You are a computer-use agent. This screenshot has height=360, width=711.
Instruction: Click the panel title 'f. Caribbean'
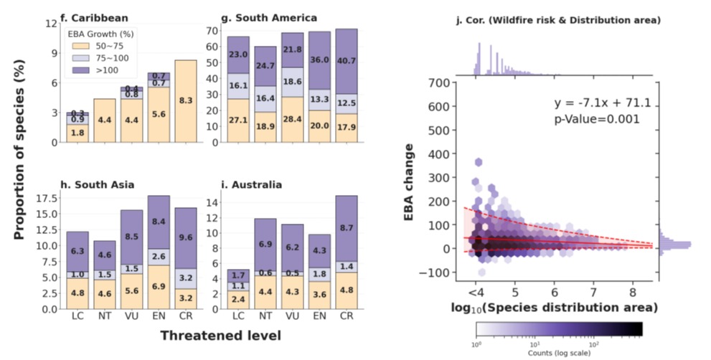94,16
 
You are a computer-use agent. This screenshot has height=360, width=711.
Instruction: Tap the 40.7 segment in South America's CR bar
346,61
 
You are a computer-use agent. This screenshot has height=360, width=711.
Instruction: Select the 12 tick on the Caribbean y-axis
52,24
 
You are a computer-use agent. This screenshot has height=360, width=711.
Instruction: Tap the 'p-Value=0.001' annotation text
596,120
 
